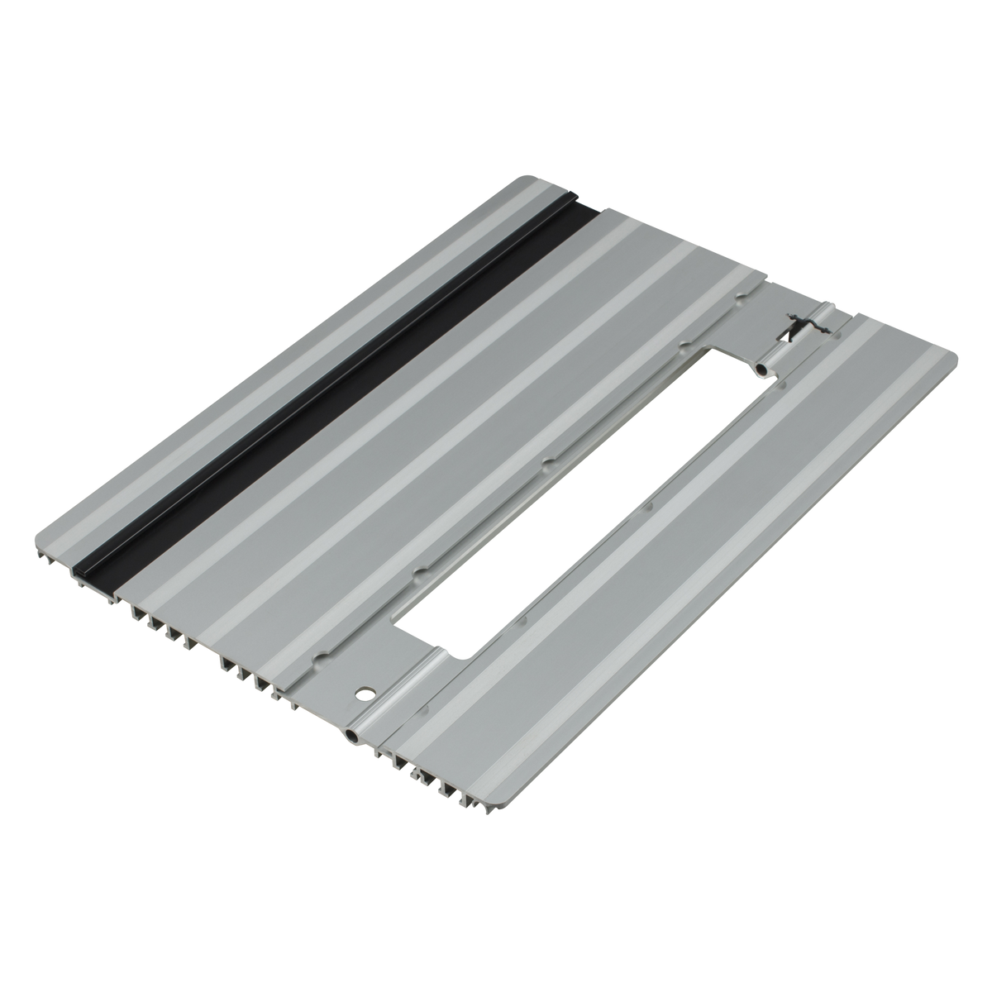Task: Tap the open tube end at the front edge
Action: (351, 734)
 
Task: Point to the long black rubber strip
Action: (331, 389)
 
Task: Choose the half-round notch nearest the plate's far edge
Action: (685, 342)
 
